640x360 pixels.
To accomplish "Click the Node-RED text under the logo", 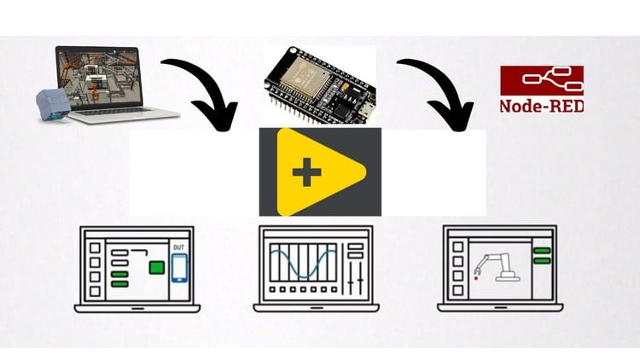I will [x=535, y=107].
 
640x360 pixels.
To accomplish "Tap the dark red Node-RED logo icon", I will [x=535, y=81].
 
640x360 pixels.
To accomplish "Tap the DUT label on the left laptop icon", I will [x=178, y=248].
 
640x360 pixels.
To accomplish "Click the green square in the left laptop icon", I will [x=156, y=267].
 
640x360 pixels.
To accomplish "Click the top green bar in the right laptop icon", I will [x=540, y=251].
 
